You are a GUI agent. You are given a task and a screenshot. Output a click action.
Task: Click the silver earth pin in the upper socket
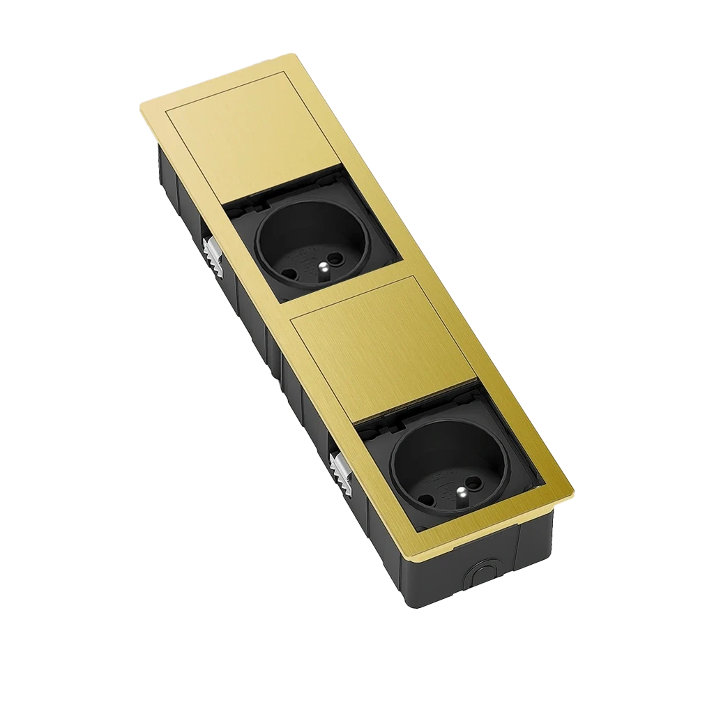click(x=323, y=266)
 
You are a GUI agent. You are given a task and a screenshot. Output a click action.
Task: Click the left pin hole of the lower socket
click(x=427, y=493)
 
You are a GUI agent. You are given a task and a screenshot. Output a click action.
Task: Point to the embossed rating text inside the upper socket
click(x=307, y=257)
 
